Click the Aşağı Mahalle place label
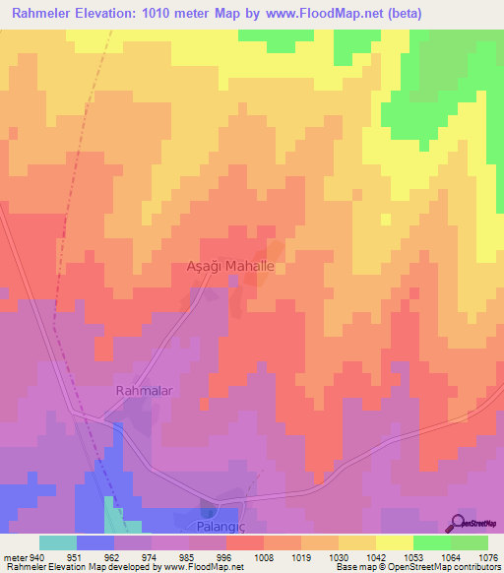236,267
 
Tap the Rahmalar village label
145,391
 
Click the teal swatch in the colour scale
58,542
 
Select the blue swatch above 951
95,542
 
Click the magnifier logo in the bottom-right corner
457,523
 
